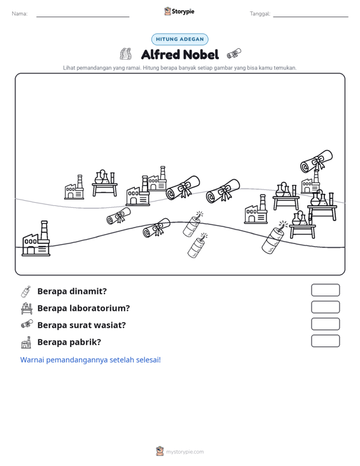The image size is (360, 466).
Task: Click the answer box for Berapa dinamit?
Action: pyautogui.click(x=325, y=290)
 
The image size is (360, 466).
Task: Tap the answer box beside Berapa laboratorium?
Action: pyautogui.click(x=325, y=307)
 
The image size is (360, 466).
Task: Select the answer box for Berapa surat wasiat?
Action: pyautogui.click(x=325, y=324)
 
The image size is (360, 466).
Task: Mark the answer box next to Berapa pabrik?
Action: pyautogui.click(x=325, y=341)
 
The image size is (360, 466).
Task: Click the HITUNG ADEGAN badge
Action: pyautogui.click(x=180, y=39)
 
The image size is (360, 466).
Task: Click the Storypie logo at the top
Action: pyautogui.click(x=179, y=11)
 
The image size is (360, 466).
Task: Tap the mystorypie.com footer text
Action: pyautogui.click(x=184, y=452)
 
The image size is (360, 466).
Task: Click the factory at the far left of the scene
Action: pyautogui.click(x=36, y=238)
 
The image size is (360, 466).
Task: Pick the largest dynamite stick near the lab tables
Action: pyautogui.click(x=274, y=238)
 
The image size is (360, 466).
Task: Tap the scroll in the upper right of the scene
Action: pyautogui.click(x=316, y=161)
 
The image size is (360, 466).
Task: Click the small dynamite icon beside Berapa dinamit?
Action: pyautogui.click(x=26, y=292)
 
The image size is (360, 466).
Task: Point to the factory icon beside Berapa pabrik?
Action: pyautogui.click(x=26, y=343)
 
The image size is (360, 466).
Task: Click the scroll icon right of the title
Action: pyautogui.click(x=234, y=54)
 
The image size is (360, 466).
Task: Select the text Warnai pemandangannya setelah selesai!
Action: pyautogui.click(x=90, y=360)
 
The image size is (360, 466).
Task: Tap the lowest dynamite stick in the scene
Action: pyautogui.click(x=197, y=245)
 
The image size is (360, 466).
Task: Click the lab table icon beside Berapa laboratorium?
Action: pyautogui.click(x=27, y=308)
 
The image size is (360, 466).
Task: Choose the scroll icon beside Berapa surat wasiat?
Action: pyautogui.click(x=27, y=324)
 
